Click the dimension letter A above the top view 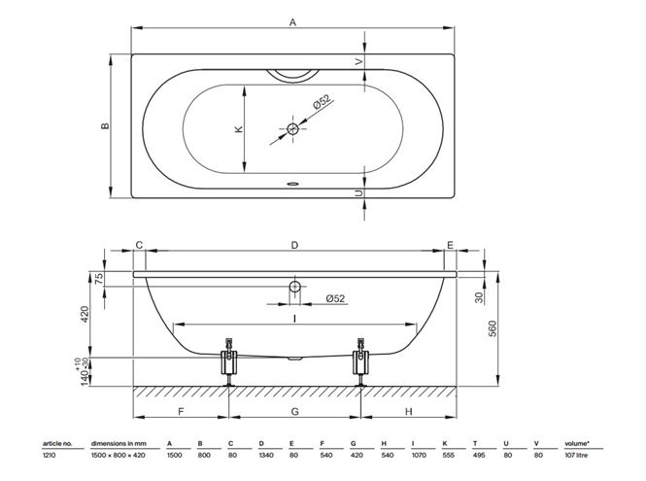292,21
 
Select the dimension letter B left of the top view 105,125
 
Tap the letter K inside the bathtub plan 239,129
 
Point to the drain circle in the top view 292,129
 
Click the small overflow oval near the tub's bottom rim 293,184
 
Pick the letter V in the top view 359,61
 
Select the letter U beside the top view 359,193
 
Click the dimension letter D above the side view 294,245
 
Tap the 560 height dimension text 493,328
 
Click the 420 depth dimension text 85,314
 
